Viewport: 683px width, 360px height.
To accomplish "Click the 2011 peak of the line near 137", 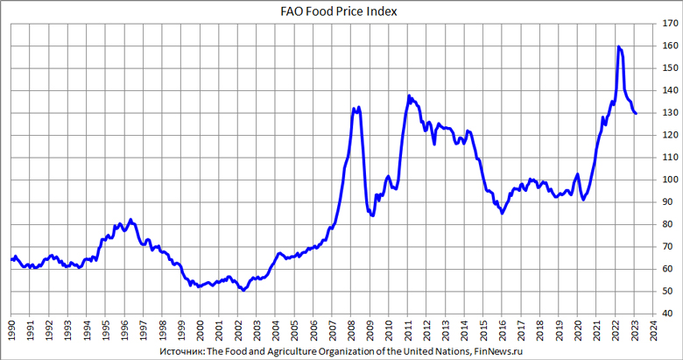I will coord(409,96).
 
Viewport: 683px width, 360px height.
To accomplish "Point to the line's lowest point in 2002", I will coord(243,290).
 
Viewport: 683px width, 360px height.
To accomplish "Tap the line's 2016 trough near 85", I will coord(502,213).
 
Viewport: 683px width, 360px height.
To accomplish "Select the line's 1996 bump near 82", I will coord(130,220).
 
